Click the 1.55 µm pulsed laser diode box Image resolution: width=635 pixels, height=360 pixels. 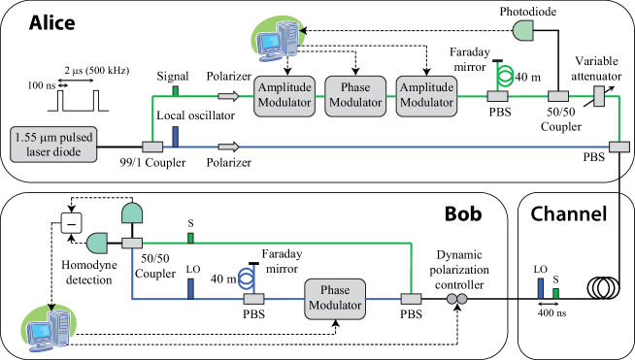tap(53, 144)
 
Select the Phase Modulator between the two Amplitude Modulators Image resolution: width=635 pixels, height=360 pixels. tap(355, 96)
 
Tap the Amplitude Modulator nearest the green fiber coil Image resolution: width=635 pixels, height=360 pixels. tap(426, 96)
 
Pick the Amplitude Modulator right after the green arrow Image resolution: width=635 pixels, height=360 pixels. tap(284, 96)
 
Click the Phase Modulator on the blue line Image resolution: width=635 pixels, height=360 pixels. tap(335, 299)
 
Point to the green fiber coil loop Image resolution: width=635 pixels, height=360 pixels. tap(503, 75)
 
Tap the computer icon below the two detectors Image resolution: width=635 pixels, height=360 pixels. tap(50, 330)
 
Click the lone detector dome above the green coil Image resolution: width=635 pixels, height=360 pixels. tap(524, 30)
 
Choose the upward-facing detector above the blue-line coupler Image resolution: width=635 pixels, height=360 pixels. tap(132, 213)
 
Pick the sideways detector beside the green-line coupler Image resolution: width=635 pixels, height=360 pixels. tap(97, 243)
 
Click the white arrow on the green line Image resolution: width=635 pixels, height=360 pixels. tap(227, 96)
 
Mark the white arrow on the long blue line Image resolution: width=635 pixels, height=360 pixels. tap(227, 147)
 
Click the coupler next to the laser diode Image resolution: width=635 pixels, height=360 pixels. tap(152, 147)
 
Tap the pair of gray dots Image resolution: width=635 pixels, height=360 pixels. tap(456, 299)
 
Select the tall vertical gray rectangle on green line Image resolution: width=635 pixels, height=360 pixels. tap(599, 96)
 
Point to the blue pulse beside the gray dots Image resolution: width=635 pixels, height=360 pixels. tap(541, 288)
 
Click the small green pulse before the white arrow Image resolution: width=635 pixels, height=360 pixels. tap(175, 91)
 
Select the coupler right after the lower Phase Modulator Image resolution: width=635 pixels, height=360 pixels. tap(412, 299)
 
